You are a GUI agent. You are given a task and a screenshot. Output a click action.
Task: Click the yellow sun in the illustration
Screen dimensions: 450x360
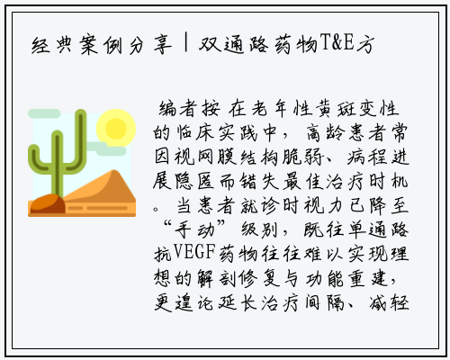pos(116,128)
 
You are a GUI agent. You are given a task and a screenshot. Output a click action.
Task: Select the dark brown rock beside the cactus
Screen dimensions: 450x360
pos(48,203)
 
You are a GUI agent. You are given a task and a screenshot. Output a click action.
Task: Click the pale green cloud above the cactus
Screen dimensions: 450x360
pos(44,113)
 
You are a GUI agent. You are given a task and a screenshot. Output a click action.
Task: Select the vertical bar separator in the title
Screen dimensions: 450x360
pos(186,43)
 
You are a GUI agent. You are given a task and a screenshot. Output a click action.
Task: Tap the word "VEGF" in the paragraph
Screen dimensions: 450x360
pos(194,253)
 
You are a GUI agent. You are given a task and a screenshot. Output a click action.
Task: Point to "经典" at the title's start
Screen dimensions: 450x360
pos(52,45)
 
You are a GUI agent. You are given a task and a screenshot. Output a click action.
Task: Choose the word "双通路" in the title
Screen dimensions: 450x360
pos(233,45)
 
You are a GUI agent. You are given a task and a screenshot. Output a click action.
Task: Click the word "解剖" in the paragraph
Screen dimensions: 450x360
pos(217,277)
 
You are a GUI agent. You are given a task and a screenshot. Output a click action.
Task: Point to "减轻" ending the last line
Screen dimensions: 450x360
pos(389,302)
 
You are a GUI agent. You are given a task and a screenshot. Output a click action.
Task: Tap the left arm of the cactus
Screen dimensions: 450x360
pos(38,159)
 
